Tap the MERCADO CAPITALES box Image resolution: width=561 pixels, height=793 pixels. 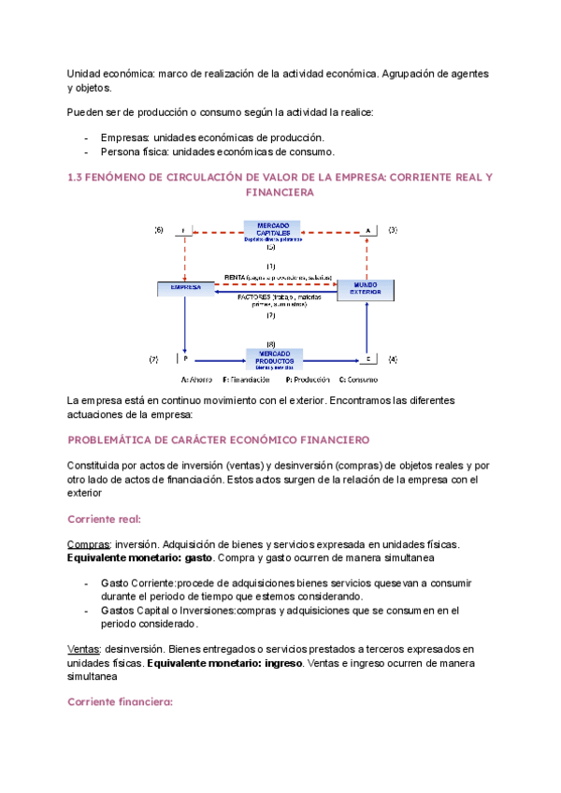click(x=272, y=231)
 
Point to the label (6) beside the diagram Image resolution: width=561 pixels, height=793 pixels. click(x=159, y=230)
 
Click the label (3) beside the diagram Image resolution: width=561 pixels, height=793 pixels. click(x=393, y=230)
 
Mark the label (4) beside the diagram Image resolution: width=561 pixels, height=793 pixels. click(x=393, y=358)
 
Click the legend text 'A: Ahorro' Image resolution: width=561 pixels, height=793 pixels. click(x=198, y=381)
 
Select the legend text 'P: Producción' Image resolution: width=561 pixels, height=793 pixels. click(x=309, y=381)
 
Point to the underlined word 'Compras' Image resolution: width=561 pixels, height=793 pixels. click(x=87, y=543)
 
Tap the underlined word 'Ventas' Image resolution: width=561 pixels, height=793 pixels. click(x=84, y=649)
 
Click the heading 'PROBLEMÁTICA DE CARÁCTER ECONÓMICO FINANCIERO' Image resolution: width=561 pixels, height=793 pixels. click(x=220, y=440)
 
